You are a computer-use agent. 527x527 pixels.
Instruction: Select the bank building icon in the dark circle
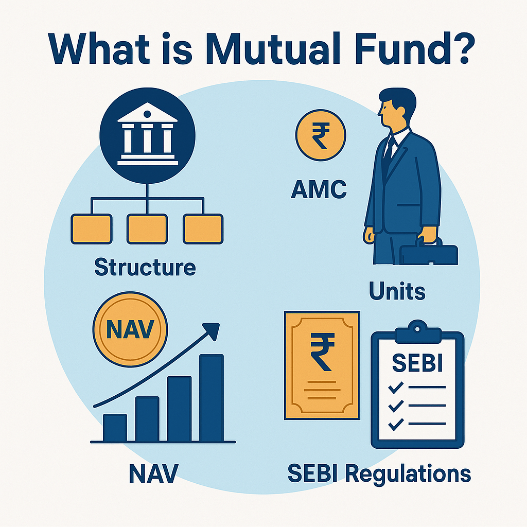tap(147, 135)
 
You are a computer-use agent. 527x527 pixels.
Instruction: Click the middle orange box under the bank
tap(147, 229)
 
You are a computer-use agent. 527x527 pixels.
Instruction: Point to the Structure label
tap(146, 267)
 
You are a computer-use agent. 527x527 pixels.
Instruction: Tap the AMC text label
tap(319, 191)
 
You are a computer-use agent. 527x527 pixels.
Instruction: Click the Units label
tap(397, 292)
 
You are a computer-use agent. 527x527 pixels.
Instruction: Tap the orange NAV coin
tap(130, 329)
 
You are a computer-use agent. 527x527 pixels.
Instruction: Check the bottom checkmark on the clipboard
tap(395, 425)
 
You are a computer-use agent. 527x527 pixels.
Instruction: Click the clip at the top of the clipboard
tap(417, 328)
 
